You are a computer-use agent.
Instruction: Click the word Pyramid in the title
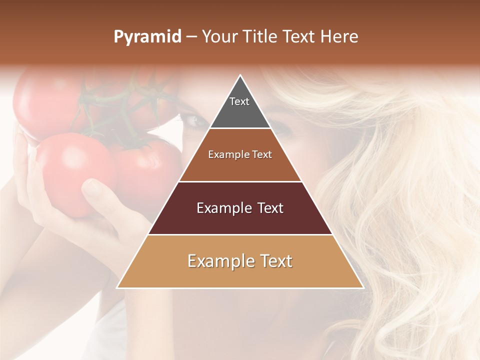coord(147,37)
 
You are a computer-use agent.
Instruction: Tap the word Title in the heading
coord(260,37)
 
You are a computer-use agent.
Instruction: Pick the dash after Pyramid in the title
coord(191,37)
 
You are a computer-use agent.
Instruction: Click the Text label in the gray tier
coord(239,101)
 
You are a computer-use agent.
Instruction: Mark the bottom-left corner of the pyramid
coord(117,287)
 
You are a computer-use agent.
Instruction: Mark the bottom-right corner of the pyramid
coord(363,287)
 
